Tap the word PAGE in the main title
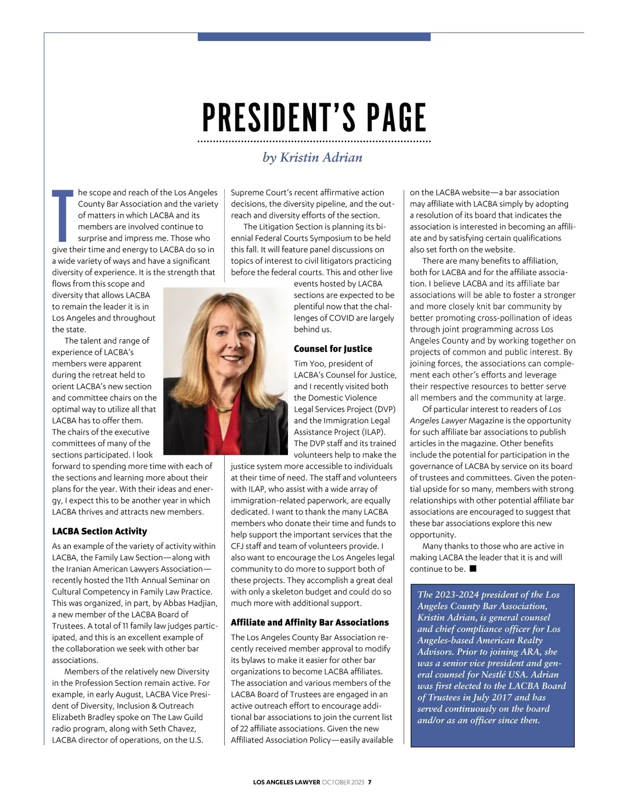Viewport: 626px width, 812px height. click(396, 118)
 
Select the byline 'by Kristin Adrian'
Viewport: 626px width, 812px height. click(312, 157)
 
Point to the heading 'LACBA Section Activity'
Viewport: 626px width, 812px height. click(100, 531)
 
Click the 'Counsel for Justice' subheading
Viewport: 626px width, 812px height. click(333, 349)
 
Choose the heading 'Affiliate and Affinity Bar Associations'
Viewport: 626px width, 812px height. click(309, 622)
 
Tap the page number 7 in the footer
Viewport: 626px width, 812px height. click(370, 782)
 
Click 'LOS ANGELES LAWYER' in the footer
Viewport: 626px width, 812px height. click(286, 782)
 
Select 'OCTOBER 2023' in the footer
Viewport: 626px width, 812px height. click(343, 782)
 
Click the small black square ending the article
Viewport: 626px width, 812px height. click(473, 569)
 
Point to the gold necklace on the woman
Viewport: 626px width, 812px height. click(224, 409)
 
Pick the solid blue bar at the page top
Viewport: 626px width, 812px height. click(314, 37)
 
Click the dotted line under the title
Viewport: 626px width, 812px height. click(315, 141)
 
